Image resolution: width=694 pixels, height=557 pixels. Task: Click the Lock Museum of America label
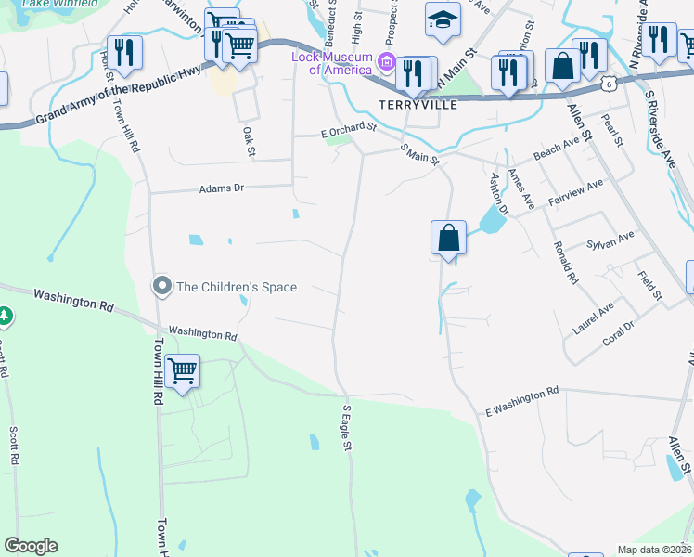coord(332,63)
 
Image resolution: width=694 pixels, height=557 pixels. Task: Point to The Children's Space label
coord(237,287)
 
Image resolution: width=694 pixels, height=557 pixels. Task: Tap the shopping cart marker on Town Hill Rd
coord(183,371)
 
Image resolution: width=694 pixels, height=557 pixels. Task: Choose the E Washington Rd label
coord(522,400)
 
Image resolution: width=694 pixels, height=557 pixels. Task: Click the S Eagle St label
coord(347,428)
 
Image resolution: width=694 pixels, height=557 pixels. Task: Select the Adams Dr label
coord(221,188)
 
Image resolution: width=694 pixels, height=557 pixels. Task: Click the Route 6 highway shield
coord(607,84)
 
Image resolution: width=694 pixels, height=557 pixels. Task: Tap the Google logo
coord(31,546)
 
